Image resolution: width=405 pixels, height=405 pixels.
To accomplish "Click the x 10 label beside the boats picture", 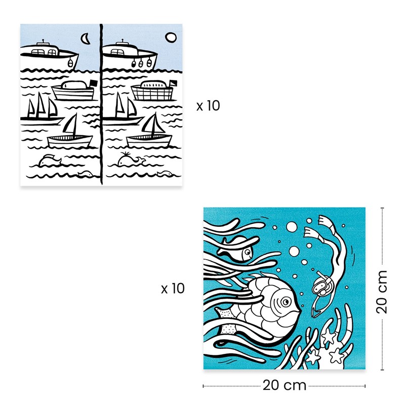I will pos(208,106).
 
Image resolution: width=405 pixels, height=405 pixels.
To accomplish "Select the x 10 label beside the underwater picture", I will pos(173,289).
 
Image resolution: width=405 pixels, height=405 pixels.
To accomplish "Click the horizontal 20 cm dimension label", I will pos(284,385).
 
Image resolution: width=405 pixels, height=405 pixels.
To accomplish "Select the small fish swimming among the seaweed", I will pos(236,250).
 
